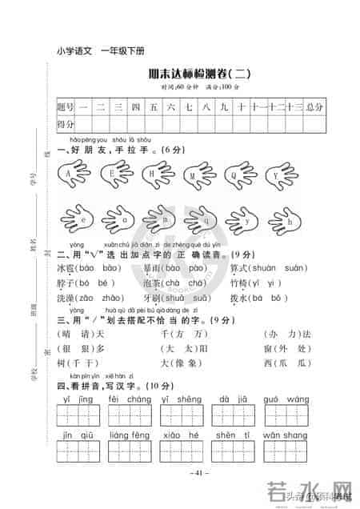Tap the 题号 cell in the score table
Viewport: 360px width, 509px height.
tap(65, 106)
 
